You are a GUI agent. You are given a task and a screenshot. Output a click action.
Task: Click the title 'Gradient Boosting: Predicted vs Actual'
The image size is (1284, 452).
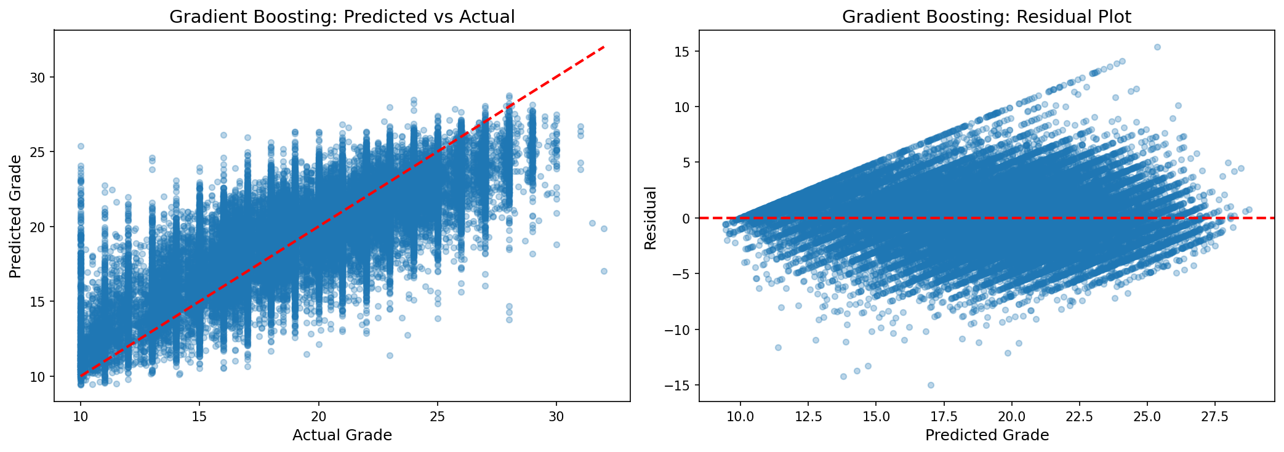point(342,17)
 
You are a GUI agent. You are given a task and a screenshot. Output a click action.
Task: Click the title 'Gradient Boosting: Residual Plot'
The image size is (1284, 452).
point(986,17)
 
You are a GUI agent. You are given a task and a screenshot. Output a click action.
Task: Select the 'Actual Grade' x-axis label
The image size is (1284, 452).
point(342,435)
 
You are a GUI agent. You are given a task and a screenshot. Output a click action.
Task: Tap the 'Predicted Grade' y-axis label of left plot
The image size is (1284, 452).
point(15,216)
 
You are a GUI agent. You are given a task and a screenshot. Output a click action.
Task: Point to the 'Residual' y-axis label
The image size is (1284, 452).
point(650,218)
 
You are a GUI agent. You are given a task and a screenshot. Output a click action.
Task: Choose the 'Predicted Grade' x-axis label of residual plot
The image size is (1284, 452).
point(987,435)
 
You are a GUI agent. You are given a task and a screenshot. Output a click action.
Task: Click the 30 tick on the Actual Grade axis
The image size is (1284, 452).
point(556,416)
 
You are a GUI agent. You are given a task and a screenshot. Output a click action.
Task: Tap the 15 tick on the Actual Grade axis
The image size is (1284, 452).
point(199,416)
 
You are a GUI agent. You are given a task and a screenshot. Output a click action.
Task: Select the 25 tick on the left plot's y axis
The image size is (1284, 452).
point(39,152)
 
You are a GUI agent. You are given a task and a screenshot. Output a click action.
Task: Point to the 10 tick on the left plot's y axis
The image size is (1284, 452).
point(39,376)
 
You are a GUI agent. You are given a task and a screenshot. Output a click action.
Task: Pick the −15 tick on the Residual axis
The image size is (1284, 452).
point(676,385)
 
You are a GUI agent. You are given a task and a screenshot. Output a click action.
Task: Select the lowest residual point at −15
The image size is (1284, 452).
point(931,385)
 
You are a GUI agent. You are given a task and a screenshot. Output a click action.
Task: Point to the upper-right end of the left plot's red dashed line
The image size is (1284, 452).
point(604,47)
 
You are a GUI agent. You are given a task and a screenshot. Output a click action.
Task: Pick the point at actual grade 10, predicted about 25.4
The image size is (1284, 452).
point(81,146)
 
